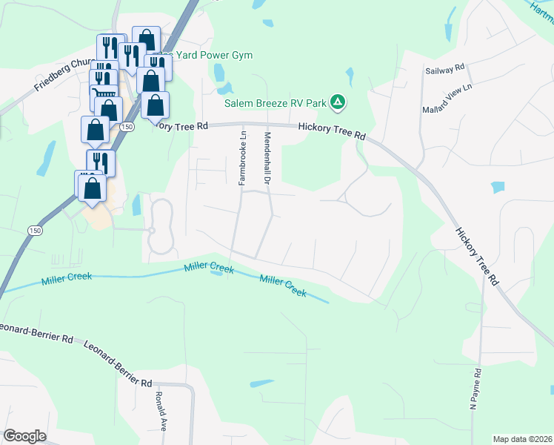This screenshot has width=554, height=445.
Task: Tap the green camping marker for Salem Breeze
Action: tap(337, 102)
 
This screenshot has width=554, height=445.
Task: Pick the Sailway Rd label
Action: tap(444, 68)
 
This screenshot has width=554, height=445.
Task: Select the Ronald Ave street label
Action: tap(161, 408)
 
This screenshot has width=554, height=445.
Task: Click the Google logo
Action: tap(24, 436)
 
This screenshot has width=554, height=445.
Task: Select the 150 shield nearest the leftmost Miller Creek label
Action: tap(35, 231)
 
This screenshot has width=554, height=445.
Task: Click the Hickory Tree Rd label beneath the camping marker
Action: tap(332, 131)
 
